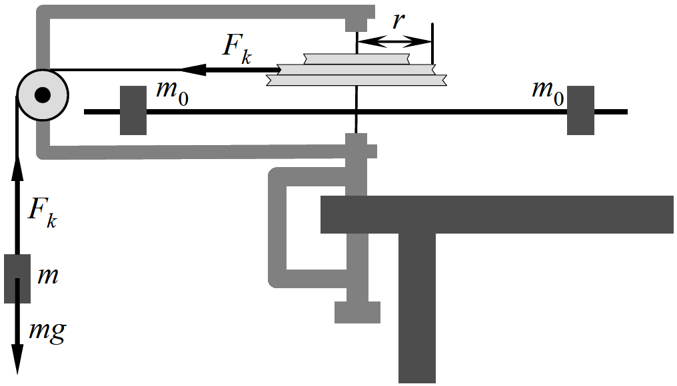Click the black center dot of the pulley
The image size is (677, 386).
click(43, 95)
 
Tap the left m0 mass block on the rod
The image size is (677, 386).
click(133, 110)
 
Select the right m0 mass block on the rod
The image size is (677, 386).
click(581, 110)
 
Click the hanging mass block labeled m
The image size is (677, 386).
click(17, 279)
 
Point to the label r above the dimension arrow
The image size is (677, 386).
click(398, 20)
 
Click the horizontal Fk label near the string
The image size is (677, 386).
click(237, 49)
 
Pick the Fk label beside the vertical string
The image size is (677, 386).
click(42, 213)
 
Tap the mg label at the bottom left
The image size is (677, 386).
click(47, 331)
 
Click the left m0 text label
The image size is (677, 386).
click(173, 93)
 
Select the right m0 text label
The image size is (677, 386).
click(548, 93)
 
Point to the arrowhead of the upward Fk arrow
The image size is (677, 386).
click(18, 170)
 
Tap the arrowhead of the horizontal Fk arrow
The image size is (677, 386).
click(193, 69)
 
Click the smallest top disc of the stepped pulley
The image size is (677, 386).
click(356, 59)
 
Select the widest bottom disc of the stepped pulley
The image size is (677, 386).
click(356, 81)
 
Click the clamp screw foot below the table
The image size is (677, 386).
click(358, 312)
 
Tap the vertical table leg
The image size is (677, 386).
click(417, 308)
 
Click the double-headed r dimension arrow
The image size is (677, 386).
click(394, 42)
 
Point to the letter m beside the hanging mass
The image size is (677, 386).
click(47, 276)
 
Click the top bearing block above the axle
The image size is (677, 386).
click(356, 25)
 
